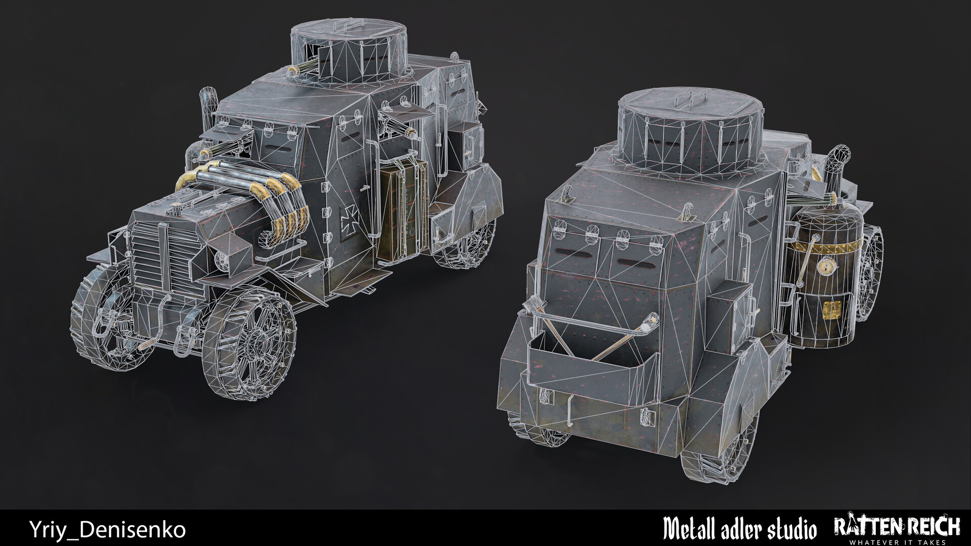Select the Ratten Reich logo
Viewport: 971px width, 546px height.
point(896,526)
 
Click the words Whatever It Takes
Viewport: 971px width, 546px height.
point(896,542)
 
